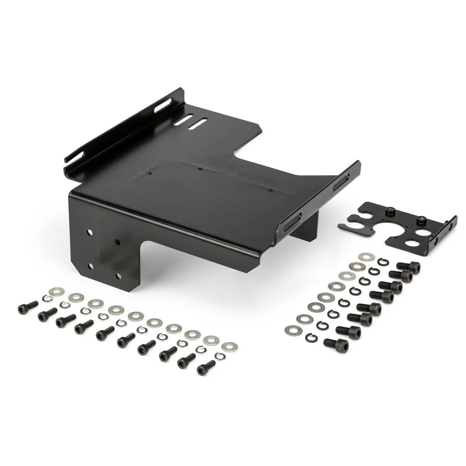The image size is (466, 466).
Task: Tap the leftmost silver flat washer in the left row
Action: (54, 291)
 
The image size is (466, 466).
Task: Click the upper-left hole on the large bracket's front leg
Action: (90, 232)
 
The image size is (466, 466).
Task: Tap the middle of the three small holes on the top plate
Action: (200, 169)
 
